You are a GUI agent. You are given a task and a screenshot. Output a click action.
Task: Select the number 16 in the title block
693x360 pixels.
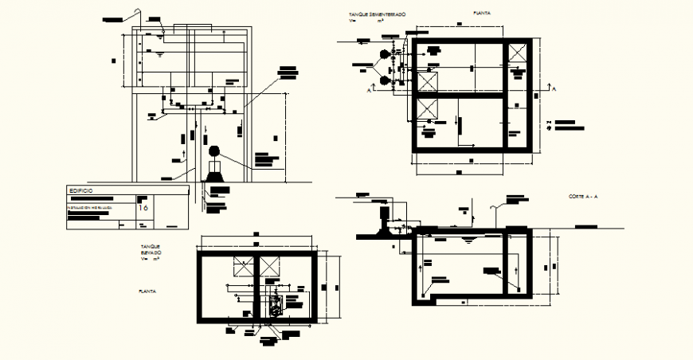(143, 207)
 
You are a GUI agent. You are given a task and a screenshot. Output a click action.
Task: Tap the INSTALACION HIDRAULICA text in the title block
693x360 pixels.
(88, 207)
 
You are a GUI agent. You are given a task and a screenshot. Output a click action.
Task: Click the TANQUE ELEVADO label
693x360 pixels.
(151, 250)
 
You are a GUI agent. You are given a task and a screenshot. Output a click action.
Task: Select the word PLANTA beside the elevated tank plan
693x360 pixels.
(147, 292)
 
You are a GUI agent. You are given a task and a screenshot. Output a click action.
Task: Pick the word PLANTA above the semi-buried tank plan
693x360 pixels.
(481, 14)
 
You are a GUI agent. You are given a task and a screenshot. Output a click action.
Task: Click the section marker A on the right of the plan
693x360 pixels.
(554, 90)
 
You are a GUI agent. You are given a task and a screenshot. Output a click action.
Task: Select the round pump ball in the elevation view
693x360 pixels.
(213, 151)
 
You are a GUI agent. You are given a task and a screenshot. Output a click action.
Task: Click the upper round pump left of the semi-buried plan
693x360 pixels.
(386, 56)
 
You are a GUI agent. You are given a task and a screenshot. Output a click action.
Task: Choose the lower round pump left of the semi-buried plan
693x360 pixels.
(386, 80)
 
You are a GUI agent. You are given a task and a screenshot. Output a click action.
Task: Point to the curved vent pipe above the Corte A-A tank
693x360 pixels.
(497, 209)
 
